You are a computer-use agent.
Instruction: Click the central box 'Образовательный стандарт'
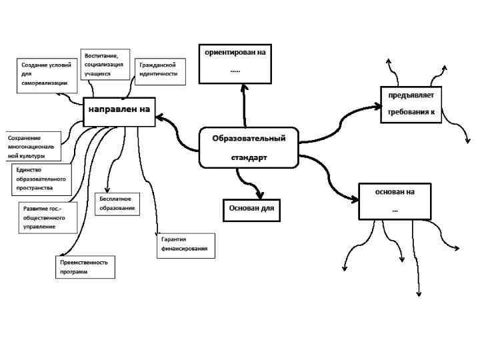tap(249, 148)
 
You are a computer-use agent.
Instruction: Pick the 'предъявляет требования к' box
tap(411, 104)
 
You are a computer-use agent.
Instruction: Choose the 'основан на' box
tap(395, 201)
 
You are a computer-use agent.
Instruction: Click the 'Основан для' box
tap(251, 208)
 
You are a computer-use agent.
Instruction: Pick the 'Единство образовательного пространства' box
tap(41, 179)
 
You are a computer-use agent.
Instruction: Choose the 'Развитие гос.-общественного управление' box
tap(45, 217)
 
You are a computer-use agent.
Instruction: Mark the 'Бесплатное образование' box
tap(119, 203)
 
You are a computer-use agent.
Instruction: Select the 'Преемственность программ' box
tap(85, 267)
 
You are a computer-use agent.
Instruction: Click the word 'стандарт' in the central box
tap(249, 159)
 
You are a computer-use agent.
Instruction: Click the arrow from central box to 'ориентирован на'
tap(245, 107)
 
